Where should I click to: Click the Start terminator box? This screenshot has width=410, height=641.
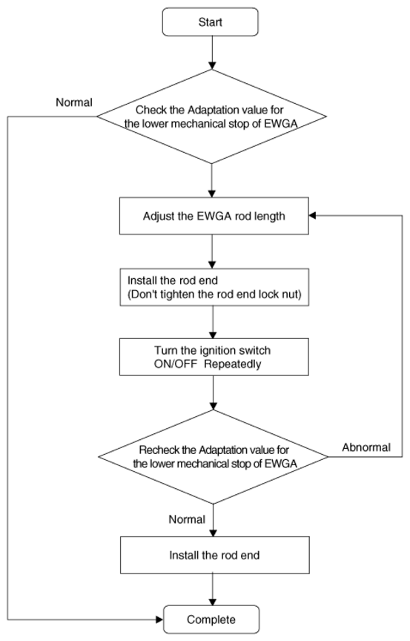pyautogui.click(x=211, y=22)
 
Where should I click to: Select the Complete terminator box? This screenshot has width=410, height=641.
pyautogui.click(x=211, y=619)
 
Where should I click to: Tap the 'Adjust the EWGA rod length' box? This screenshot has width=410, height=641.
pyautogui.click(x=214, y=216)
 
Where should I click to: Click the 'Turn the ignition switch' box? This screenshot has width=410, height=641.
pyautogui.click(x=214, y=357)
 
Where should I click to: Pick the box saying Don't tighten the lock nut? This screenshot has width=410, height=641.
pyautogui.click(x=214, y=287)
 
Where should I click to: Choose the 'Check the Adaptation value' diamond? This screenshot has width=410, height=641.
pyautogui.click(x=211, y=116)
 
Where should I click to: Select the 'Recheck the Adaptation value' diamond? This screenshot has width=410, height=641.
pyautogui.click(x=214, y=456)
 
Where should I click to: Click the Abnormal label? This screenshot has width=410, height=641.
pyautogui.click(x=366, y=447)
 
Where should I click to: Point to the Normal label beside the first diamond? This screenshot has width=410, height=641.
pyautogui.click(x=74, y=102)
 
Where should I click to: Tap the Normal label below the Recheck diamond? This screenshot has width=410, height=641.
pyautogui.click(x=187, y=519)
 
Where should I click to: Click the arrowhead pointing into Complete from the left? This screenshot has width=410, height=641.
pyautogui.click(x=159, y=619)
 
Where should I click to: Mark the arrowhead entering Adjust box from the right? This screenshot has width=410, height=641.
pyautogui.click(x=313, y=215)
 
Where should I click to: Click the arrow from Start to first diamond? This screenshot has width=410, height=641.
pyautogui.click(x=212, y=53)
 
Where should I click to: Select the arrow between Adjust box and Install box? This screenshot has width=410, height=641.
pyautogui.click(x=212, y=252)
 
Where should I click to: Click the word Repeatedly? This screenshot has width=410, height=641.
pyautogui.click(x=233, y=364)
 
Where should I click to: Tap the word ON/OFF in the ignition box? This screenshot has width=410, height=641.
pyautogui.click(x=176, y=364)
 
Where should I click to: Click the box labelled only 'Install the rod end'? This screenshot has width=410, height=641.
pyautogui.click(x=215, y=555)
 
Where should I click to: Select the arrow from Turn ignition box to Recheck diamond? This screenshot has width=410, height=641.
pyautogui.click(x=214, y=393)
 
